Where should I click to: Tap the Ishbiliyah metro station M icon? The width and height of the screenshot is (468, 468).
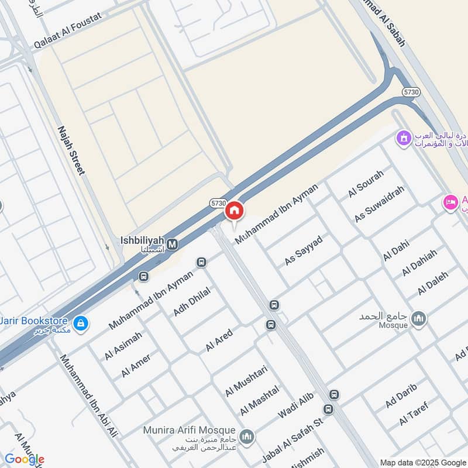(x=173, y=245)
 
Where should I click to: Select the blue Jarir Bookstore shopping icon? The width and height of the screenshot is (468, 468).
(x=81, y=322)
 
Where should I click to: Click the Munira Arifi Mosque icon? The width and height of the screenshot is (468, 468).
(x=247, y=436)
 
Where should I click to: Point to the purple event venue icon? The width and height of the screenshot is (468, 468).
(x=403, y=139)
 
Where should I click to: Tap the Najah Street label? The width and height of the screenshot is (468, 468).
(x=71, y=150)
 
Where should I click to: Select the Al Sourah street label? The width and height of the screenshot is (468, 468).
(x=366, y=184)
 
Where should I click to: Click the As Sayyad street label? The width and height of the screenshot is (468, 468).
(x=304, y=252)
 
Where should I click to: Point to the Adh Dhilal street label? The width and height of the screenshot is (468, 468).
(x=191, y=301)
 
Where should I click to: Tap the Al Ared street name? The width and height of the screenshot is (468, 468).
(x=219, y=340)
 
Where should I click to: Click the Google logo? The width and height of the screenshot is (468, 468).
(x=24, y=459)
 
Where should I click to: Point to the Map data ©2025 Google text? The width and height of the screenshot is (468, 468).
(x=422, y=462)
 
